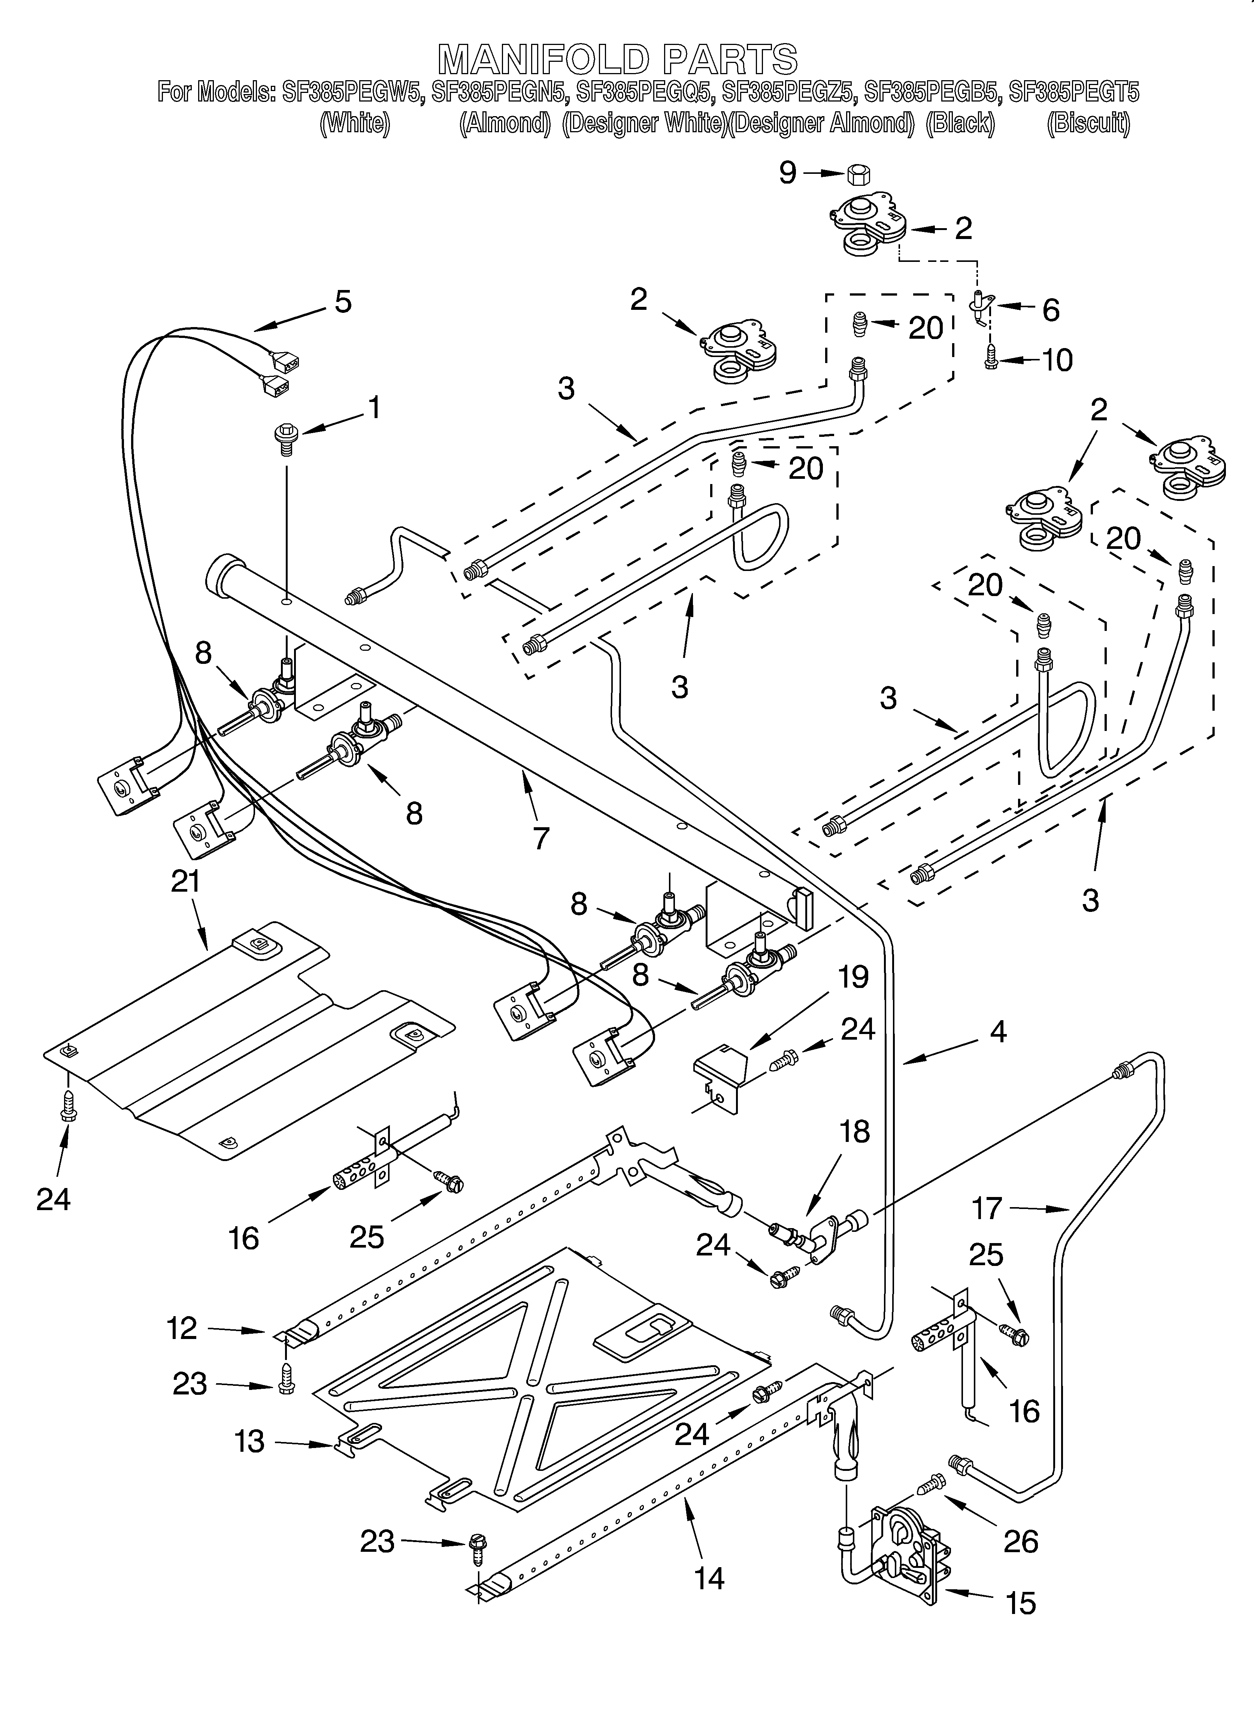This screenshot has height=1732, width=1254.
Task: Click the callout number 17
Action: [987, 1209]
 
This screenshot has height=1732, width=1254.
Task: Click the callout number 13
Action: [250, 1442]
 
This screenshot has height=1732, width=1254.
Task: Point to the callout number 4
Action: [997, 1033]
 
